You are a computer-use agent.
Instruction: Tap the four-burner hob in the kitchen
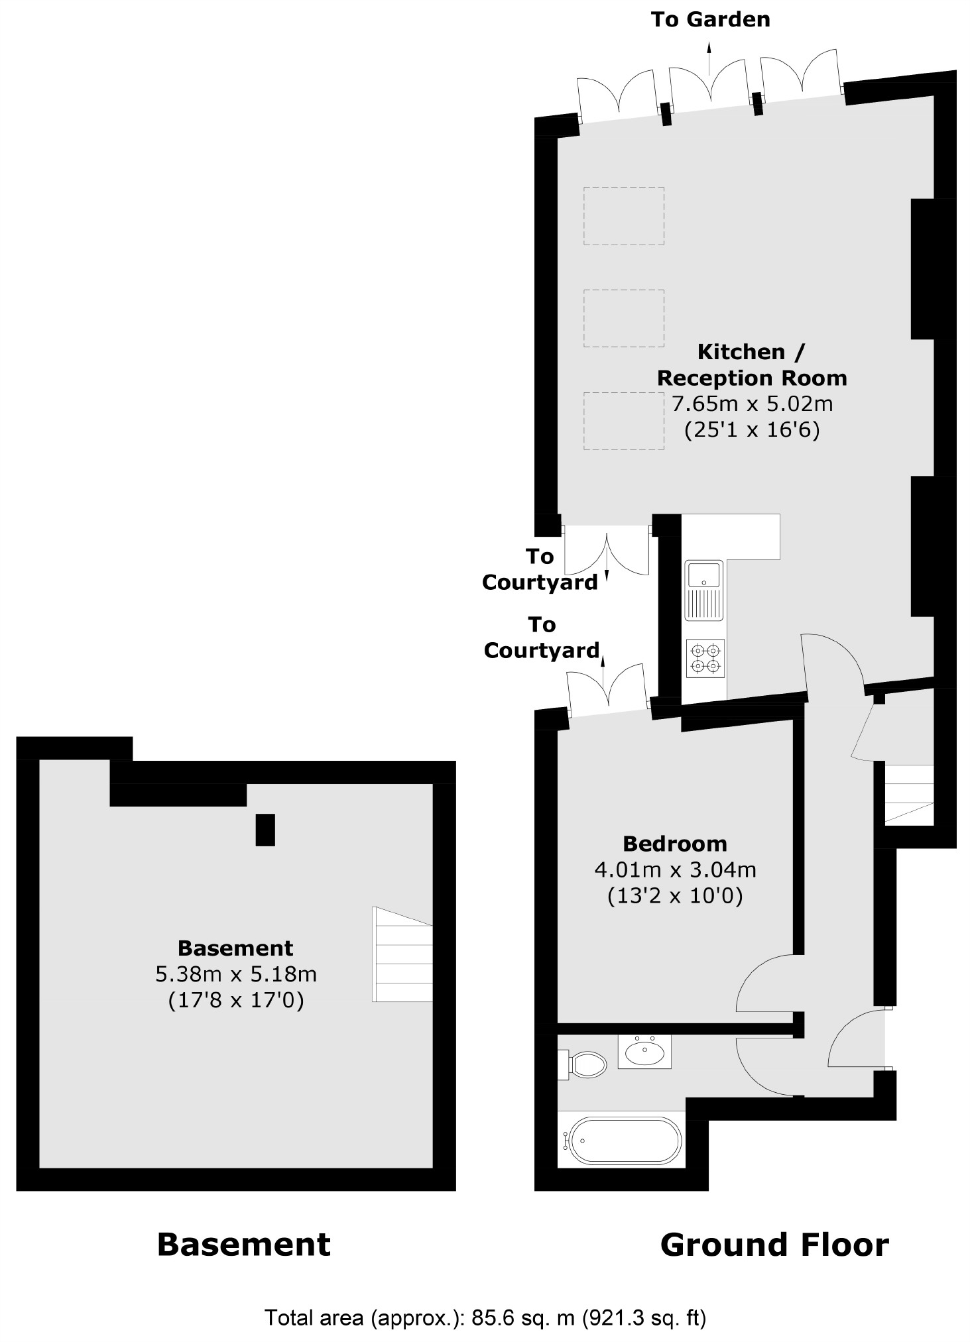705,657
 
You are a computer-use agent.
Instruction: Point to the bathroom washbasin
644,1052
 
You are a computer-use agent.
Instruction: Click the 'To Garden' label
710,20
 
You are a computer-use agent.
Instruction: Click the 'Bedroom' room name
675,844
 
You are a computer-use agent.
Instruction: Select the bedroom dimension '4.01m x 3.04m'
675,869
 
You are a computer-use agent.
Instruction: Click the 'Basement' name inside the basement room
235,948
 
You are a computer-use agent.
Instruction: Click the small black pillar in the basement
265,830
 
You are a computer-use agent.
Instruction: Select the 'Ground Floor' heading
774,1245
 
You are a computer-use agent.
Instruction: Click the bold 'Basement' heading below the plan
243,1245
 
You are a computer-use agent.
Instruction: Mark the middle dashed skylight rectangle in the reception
624,318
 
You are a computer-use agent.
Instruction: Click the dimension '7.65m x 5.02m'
752,404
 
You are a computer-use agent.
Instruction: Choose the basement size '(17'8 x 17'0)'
235,1000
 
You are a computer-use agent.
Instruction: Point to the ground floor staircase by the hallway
909,795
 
